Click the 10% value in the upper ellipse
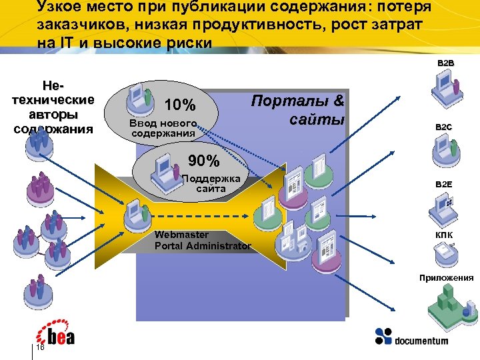(179, 105)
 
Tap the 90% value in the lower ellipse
(203, 161)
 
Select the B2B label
(445, 63)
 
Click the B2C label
(444, 126)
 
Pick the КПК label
(444, 235)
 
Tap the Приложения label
(446, 277)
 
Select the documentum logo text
(421, 341)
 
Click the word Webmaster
(181, 235)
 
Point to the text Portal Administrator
(203, 246)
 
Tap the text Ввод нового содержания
(163, 128)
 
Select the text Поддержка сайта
(211, 183)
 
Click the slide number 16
(40, 347)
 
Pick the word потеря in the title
(407, 8)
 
